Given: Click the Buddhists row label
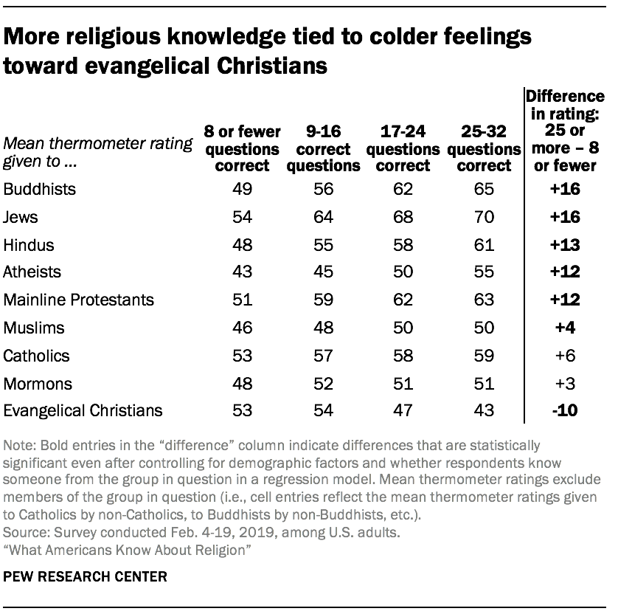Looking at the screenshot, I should tap(40, 189).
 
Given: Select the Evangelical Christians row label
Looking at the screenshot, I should tap(83, 410).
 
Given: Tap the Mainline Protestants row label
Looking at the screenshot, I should tap(79, 300).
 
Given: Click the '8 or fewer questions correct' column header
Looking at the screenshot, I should tap(242, 148).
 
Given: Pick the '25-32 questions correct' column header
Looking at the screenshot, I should tap(484, 148).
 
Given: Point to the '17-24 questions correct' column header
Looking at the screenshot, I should tap(402, 148).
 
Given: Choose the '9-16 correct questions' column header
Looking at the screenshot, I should tap(323, 148).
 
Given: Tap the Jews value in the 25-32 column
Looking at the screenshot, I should tap(484, 217).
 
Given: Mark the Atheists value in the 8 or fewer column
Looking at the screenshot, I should tap(242, 272).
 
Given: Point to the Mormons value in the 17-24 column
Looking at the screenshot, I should tap(402, 383).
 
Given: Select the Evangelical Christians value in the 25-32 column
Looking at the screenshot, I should tap(484, 410).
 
